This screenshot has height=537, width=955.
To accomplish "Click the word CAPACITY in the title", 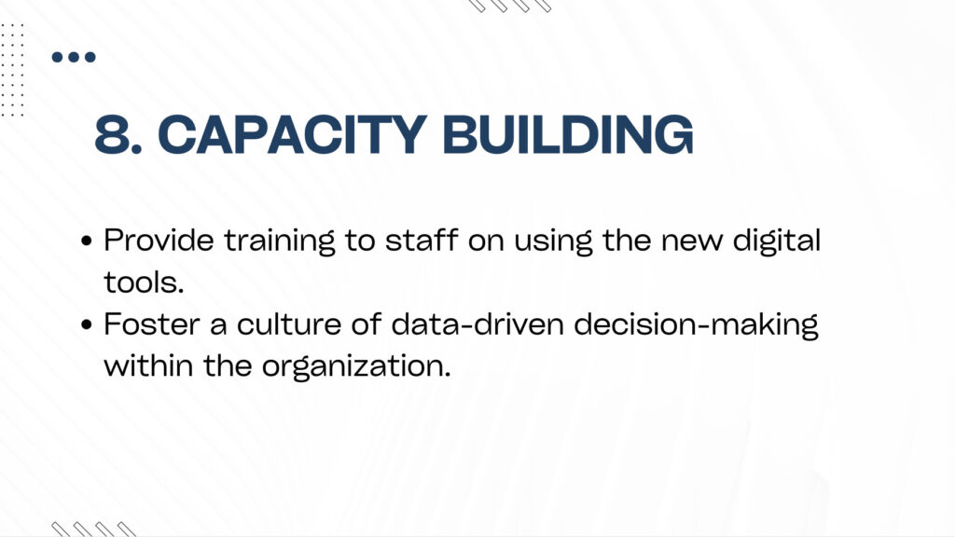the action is (x=292, y=134).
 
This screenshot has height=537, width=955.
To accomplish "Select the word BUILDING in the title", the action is (x=568, y=134).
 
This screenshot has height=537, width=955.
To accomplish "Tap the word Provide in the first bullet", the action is (x=159, y=240).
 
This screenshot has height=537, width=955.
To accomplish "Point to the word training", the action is (x=280, y=242).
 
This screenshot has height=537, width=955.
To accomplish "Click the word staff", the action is (x=422, y=240).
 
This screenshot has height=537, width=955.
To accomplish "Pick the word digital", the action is (x=777, y=242).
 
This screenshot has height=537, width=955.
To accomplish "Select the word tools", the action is (x=144, y=282).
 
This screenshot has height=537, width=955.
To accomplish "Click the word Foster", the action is (x=152, y=324).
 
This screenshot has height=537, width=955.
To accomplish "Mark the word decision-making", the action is (x=696, y=326).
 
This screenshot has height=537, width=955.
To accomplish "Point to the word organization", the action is (x=357, y=367).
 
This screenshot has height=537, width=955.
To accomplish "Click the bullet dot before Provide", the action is (x=87, y=241).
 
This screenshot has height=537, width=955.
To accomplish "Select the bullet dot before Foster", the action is (x=87, y=324).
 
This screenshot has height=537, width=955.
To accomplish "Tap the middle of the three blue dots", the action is (x=74, y=57).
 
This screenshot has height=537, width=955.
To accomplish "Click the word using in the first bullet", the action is (x=553, y=242).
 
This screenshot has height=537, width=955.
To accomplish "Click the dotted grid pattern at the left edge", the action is (x=12, y=70).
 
